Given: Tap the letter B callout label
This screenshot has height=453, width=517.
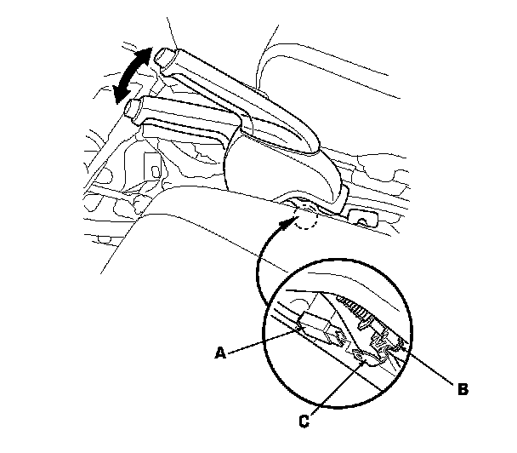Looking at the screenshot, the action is coord(463,389).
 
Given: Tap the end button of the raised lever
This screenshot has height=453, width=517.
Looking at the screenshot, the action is coord(162,60).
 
